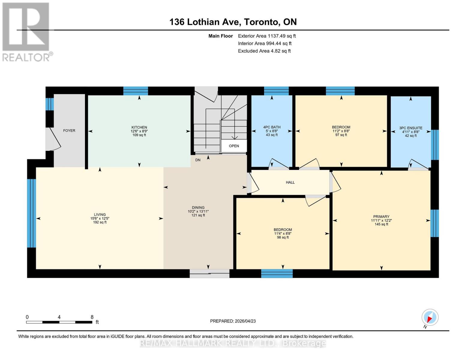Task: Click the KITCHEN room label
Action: [139, 127]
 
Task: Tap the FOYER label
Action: [69, 130]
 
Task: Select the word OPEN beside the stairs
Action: [234, 146]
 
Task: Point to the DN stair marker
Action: [198, 160]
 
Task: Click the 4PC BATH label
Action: [272, 127]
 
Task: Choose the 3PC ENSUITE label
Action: [410, 128]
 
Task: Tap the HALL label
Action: [290, 182]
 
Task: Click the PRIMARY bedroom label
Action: [381, 217]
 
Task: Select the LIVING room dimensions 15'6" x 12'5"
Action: [100, 218]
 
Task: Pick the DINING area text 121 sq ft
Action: [198, 215]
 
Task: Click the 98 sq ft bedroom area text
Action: [282, 237]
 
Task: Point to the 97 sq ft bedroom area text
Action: [341, 135]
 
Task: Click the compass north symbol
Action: [430, 317]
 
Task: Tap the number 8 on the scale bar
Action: [92, 317]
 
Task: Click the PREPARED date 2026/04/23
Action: [233, 321]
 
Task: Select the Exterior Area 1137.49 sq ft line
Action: [266, 36]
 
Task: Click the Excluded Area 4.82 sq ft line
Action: [264, 51]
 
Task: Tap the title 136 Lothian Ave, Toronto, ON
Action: [233, 22]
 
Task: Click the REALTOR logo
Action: [26, 32]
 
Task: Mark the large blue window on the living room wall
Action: [32, 213]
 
